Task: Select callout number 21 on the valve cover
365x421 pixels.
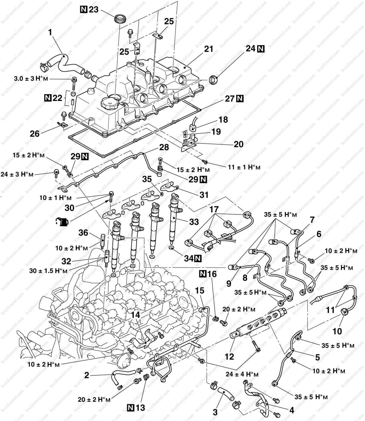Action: pos(209,49)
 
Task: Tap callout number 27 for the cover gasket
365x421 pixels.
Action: pos(230,99)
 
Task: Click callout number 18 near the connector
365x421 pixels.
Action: pos(223,120)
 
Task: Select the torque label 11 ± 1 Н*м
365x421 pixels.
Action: pos(244,167)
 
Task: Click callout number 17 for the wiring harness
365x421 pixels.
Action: pos(214,210)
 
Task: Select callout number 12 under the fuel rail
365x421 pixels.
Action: pos(229,356)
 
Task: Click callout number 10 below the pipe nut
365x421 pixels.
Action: pos(337,331)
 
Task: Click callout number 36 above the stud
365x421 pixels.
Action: pos(83,233)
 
